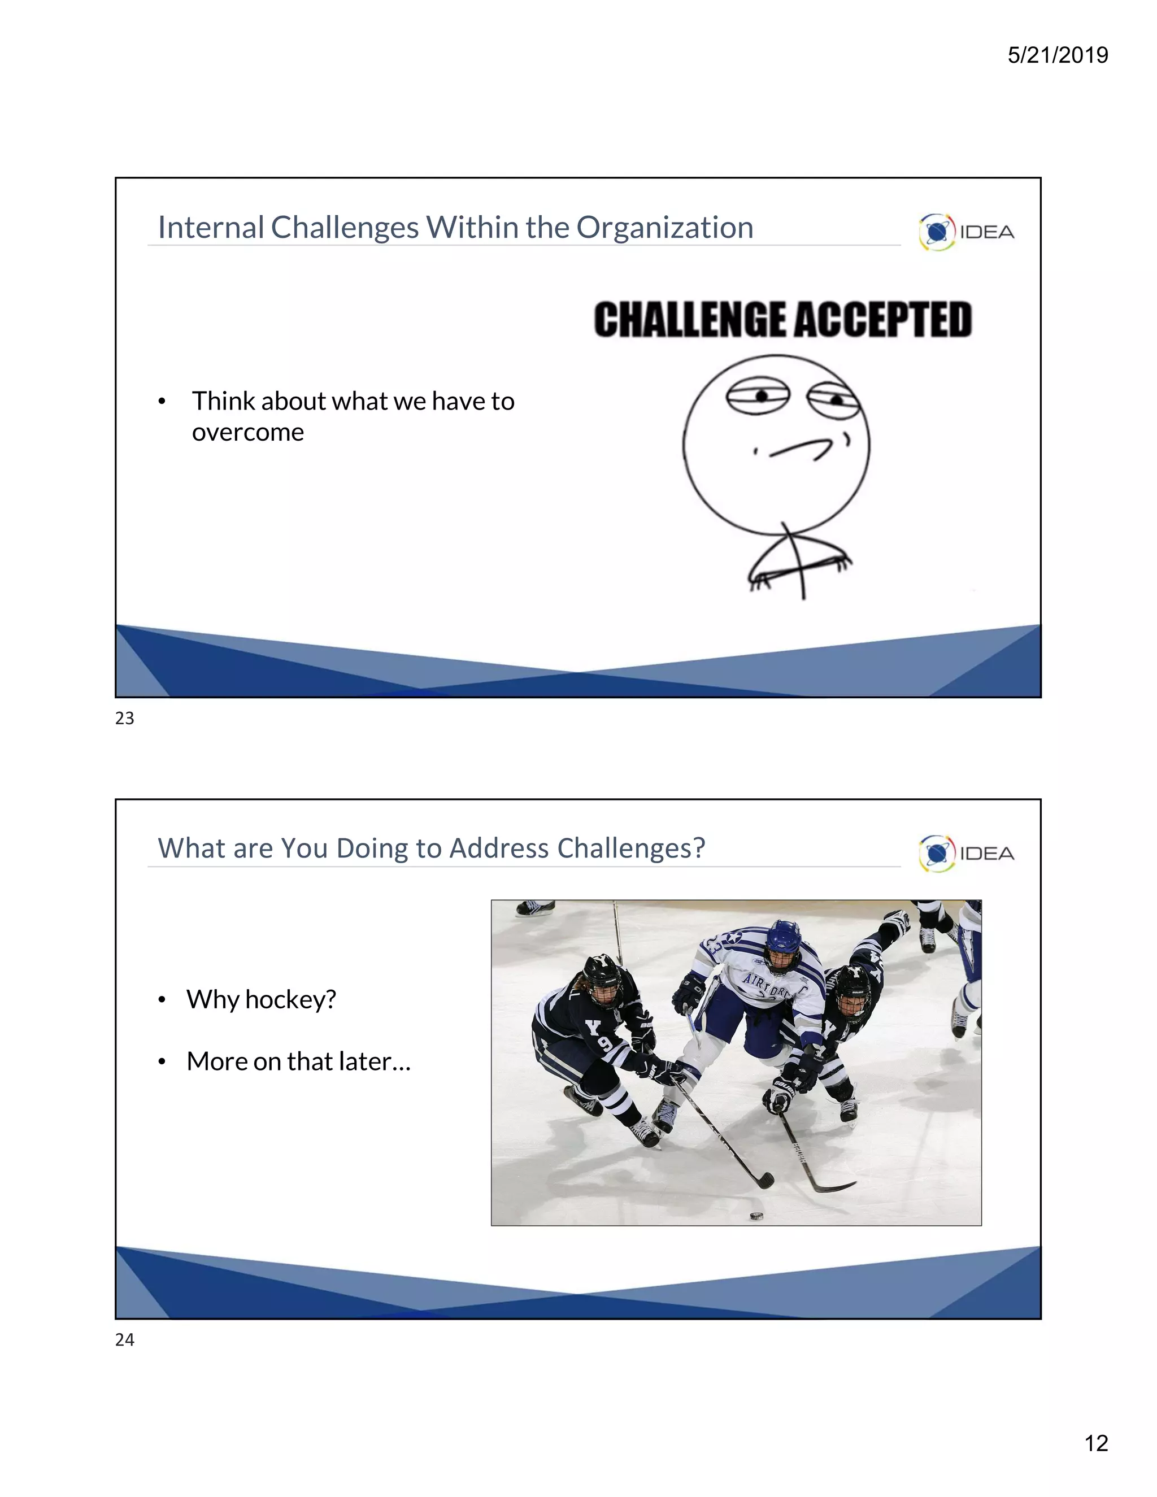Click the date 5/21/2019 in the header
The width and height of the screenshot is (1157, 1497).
[1057, 55]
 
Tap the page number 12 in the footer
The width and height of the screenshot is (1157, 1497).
[1096, 1443]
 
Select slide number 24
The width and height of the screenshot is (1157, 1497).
[125, 1339]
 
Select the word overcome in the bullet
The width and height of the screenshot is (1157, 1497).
[247, 433]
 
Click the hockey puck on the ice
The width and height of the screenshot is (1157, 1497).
[756, 1216]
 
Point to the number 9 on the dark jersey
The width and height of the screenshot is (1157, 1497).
[606, 1045]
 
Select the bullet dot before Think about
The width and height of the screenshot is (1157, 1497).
[162, 402]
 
